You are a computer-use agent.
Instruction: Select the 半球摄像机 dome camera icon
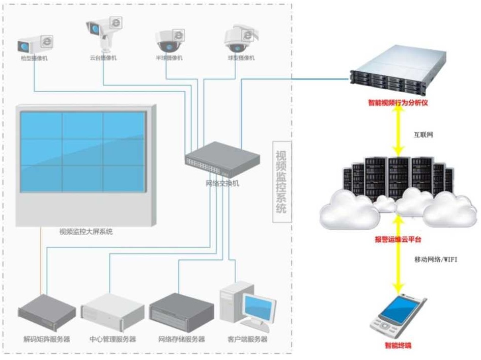click(x=170, y=41)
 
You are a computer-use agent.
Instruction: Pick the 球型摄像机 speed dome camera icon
click(x=237, y=38)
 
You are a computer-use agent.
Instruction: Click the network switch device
click(x=222, y=159)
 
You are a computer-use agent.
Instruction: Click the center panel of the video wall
click(x=83, y=152)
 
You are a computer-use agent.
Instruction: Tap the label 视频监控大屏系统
click(x=86, y=232)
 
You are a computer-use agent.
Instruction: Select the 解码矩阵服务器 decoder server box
click(x=46, y=312)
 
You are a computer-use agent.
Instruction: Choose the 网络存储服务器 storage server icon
click(x=181, y=312)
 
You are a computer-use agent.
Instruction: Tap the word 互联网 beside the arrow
click(x=423, y=135)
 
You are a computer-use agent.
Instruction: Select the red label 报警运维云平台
click(x=398, y=239)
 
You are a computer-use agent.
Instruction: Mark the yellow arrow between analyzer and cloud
click(x=398, y=131)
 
